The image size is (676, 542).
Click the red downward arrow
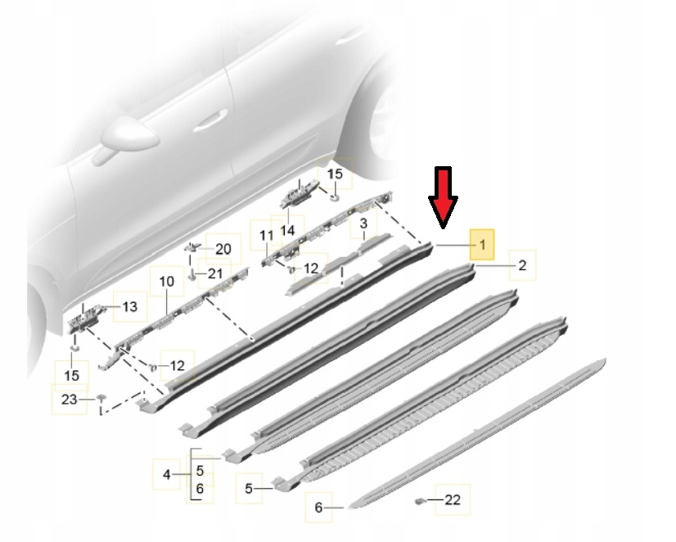pos(444,197)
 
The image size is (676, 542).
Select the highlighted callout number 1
pos(482,245)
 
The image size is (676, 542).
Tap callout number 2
pos(522,265)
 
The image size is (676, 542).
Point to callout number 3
pos(363,224)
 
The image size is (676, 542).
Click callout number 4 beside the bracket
pos(167,475)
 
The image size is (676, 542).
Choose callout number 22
pos(453,499)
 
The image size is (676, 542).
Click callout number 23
pos(69,400)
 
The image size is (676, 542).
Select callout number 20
pos(223,249)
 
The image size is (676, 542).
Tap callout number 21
pos(215,273)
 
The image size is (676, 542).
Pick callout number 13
pos(130,307)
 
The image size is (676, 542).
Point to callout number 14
pos(287,230)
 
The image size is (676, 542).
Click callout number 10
pos(167,282)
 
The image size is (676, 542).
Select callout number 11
pos(267,236)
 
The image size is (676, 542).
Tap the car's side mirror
pos(127,137)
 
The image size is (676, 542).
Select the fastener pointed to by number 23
pos(101,397)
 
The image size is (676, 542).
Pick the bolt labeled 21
pos(192,274)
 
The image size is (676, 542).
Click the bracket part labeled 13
pos(84,319)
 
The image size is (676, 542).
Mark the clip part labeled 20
pos(192,247)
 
